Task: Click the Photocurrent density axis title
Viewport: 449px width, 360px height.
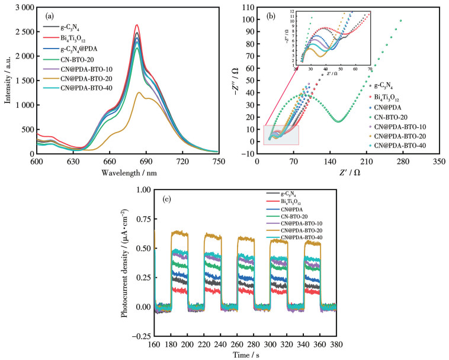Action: click(126, 263)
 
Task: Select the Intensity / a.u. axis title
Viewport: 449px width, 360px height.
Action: click(8, 79)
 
